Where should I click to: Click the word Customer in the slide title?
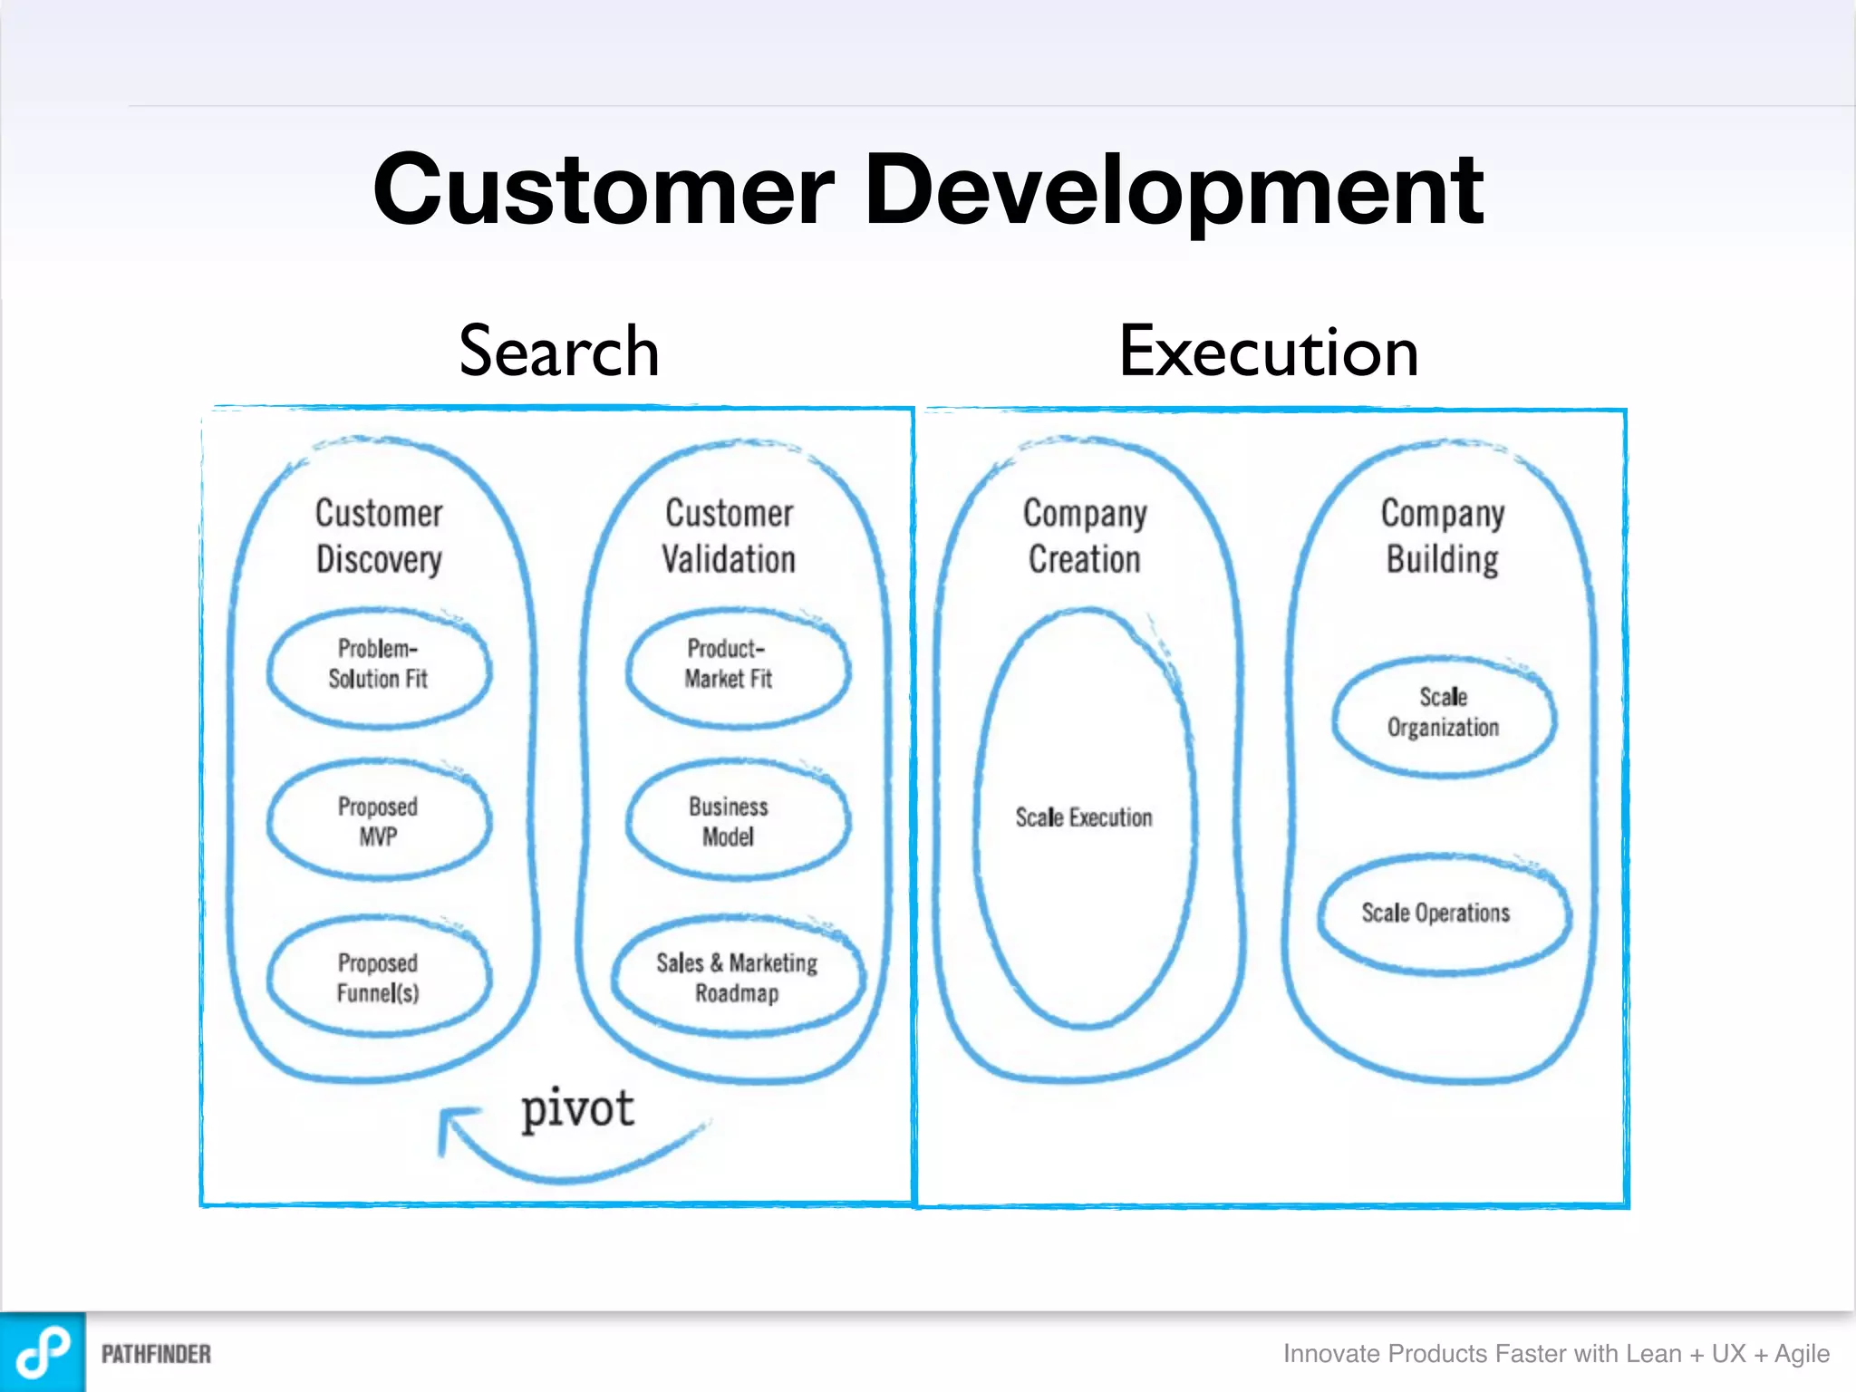click(x=603, y=190)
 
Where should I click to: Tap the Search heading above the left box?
click(x=559, y=352)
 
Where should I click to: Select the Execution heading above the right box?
click(x=1269, y=352)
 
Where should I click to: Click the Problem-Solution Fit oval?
click(x=379, y=669)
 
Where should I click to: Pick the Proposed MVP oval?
click(x=379, y=821)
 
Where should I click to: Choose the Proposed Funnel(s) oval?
click(x=379, y=977)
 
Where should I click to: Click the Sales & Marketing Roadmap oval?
click(x=738, y=977)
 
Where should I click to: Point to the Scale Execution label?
click(x=1084, y=817)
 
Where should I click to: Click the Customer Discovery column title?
click(x=379, y=536)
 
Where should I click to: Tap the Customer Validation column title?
click(x=730, y=536)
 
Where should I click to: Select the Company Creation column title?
click(x=1085, y=536)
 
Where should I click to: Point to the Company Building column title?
click(x=1443, y=536)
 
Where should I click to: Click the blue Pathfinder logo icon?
click(x=43, y=1352)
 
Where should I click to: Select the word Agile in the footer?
click(x=1802, y=1354)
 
